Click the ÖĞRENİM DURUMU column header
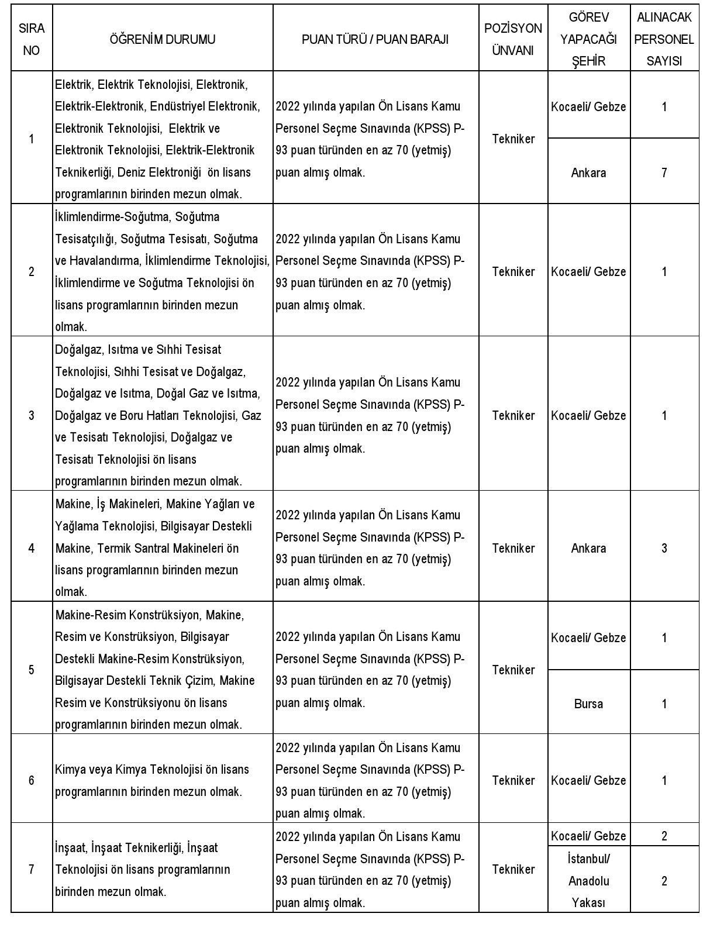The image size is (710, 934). pos(163,39)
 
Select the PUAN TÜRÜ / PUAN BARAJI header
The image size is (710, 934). pos(375,39)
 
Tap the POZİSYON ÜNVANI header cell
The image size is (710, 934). pos(513,39)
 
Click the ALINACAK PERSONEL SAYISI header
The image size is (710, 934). pos(664,39)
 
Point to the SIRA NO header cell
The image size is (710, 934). pos(32,39)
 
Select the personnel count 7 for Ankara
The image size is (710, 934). pos(664,173)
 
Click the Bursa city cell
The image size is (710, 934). pos(588,704)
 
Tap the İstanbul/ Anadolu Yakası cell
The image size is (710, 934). pos(588,881)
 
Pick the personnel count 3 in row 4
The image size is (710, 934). pos(664,548)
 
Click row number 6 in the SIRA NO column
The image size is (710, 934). pos(32,780)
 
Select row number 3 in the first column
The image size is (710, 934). pos(32,415)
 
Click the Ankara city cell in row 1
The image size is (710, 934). pos(588,173)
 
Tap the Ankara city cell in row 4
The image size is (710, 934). pos(588,548)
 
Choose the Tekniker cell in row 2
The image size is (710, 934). pos(513,271)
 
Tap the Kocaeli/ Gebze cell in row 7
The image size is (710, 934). pos(588,836)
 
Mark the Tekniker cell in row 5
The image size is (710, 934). pos(513,670)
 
